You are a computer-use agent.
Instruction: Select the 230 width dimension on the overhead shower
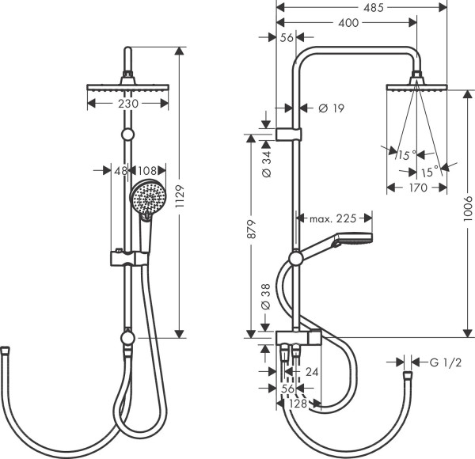[x=128, y=104]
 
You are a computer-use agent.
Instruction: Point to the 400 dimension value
[x=346, y=24]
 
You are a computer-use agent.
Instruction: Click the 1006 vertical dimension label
[x=468, y=210]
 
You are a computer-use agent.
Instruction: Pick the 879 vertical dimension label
[x=250, y=233]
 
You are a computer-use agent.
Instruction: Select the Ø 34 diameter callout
[x=266, y=161]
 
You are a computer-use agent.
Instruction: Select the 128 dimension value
[x=297, y=403]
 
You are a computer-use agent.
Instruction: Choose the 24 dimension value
[x=312, y=370]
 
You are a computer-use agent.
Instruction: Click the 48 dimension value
[x=121, y=169]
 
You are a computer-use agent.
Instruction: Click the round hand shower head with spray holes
[x=147, y=198]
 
